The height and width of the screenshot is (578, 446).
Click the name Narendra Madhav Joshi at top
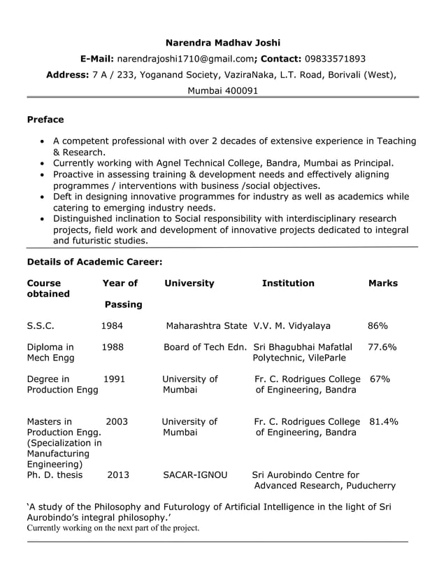[x=222, y=43]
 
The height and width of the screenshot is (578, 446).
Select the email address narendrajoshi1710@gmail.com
[x=185, y=59]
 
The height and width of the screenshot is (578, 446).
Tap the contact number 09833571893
[x=335, y=59]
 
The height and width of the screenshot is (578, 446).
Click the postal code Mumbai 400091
[x=222, y=91]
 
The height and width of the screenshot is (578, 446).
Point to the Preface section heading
[x=45, y=120]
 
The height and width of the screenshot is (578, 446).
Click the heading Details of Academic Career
[x=94, y=262]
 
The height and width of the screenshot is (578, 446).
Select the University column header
[x=189, y=283]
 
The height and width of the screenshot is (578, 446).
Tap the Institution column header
[x=288, y=283]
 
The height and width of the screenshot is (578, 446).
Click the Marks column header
[x=382, y=283]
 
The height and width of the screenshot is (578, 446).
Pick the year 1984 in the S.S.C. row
[x=112, y=325]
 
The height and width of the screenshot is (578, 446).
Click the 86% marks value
[x=378, y=325]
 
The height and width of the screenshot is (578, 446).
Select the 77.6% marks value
[x=382, y=346]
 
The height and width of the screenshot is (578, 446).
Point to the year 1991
[x=114, y=379]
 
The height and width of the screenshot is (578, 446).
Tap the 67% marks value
[x=380, y=379]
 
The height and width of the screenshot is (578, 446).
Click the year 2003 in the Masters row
[x=117, y=422]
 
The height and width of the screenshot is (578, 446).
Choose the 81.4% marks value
[x=383, y=422]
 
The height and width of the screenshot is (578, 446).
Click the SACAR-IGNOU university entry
[x=195, y=475]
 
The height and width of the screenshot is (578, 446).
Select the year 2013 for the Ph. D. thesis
[x=118, y=475]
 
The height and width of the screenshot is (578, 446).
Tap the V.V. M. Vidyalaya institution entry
[x=292, y=325]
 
